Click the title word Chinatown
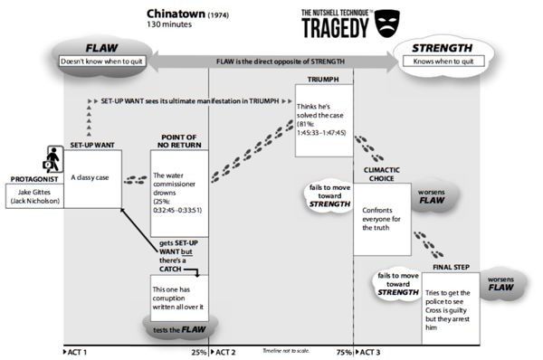point(175,14)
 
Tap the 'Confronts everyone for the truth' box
point(384,214)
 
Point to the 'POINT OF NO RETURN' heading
point(179,142)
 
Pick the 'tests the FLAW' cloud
point(176,329)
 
